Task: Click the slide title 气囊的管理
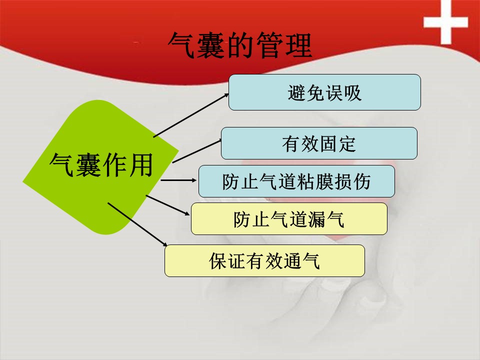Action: (240, 45)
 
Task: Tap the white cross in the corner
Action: (445, 22)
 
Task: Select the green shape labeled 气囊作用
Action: (100, 167)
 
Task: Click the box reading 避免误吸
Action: (324, 92)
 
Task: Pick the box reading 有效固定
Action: (319, 143)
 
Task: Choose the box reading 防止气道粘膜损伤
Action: (296, 181)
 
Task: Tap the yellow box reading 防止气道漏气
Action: (289, 219)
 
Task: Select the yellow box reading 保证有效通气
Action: (264, 261)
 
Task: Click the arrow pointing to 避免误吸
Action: (191, 115)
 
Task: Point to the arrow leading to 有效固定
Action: (197, 151)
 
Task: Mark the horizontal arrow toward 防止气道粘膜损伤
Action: (178, 180)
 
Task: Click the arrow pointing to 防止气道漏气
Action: (168, 205)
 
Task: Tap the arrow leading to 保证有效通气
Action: (137, 224)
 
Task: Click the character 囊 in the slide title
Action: (211, 45)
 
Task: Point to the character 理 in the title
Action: (298, 45)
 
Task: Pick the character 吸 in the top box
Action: (352, 92)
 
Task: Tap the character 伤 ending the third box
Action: (361, 181)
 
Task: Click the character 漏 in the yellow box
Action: (317, 219)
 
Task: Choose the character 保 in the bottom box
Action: (218, 261)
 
